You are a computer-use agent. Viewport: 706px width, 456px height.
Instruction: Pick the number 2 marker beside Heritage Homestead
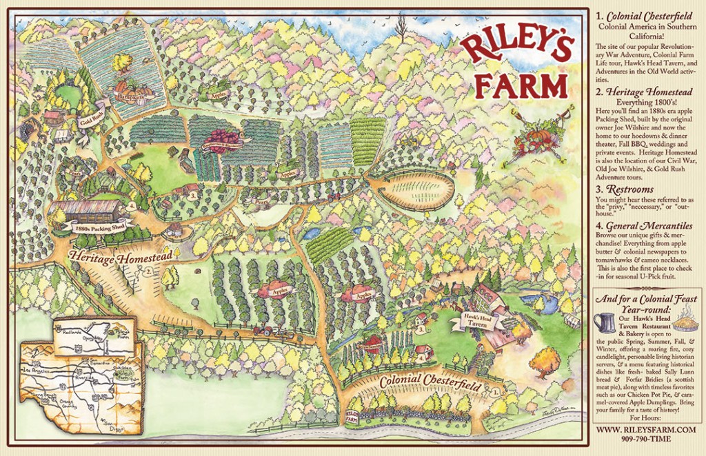(x=149, y=271)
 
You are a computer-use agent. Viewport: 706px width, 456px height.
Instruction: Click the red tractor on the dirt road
(x=263, y=331)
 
